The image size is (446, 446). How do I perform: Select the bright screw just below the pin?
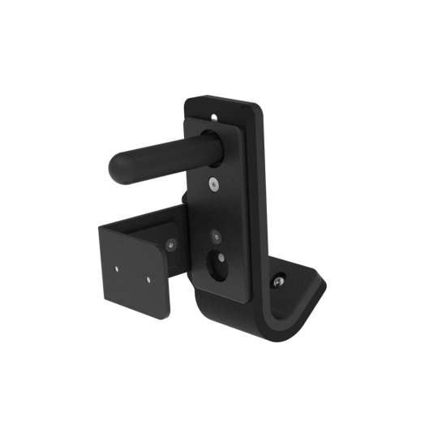(x=212, y=185)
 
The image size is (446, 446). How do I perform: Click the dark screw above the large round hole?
(x=216, y=236)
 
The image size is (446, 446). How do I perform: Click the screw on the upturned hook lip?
(x=277, y=281)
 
